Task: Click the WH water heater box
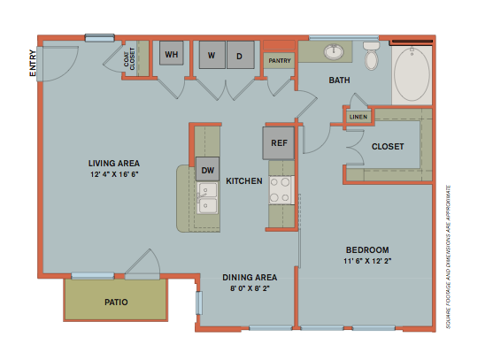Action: [x=172, y=55]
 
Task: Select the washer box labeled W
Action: [x=212, y=55]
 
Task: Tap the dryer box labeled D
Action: [x=239, y=55]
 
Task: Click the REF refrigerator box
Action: [x=277, y=142]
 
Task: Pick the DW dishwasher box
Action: [x=208, y=170]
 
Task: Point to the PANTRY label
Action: [x=280, y=61]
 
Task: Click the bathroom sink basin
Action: [x=335, y=51]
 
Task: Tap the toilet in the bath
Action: [x=371, y=57]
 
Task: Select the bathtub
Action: [x=412, y=74]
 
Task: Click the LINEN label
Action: [x=358, y=116]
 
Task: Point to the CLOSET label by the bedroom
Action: [x=388, y=146]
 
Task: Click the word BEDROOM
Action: [x=366, y=250]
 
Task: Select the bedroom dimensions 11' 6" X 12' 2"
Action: [x=366, y=262]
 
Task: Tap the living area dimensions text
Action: [x=114, y=174]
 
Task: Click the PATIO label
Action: [x=115, y=303]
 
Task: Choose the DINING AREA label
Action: [x=250, y=277]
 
